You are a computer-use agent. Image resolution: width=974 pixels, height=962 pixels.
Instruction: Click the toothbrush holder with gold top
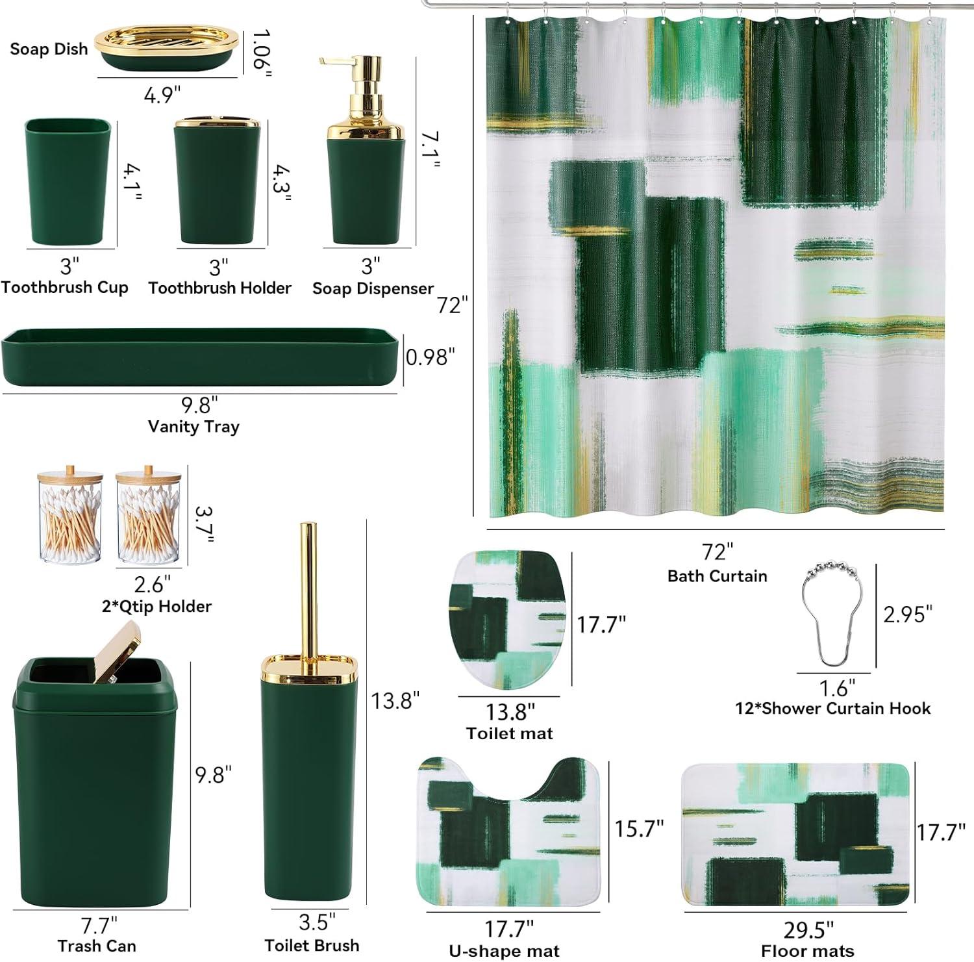point(218,180)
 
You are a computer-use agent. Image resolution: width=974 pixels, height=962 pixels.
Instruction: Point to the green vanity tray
point(199,357)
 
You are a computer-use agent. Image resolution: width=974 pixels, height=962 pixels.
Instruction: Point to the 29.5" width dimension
point(808,930)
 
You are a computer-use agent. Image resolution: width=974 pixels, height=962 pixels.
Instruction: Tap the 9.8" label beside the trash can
point(214,774)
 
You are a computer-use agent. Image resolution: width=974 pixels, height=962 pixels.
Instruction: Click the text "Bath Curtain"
point(717,576)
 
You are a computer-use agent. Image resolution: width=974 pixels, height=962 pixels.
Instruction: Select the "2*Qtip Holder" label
point(156,606)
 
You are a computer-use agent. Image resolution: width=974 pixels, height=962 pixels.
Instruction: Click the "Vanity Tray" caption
point(194,427)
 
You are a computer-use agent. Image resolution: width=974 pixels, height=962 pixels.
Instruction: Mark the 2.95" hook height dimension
point(908,613)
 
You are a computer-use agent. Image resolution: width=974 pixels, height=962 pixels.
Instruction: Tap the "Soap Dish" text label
point(49,49)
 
